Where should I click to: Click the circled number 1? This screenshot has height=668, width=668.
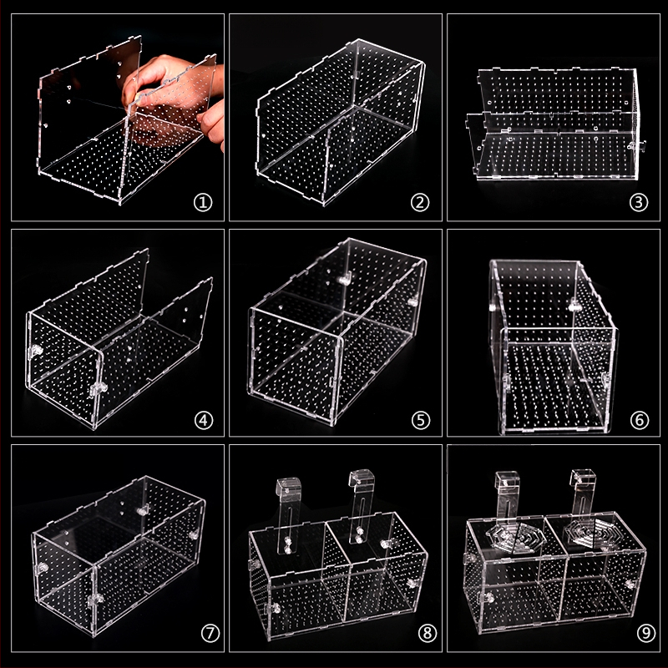pos(203,203)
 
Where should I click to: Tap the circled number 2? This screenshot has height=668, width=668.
pos(420,203)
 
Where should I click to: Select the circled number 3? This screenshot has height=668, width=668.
pos(639,203)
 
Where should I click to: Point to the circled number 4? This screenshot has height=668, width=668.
pos(203,421)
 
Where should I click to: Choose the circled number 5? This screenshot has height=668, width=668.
pos(421,421)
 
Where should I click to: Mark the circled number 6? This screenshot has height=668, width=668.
pos(640,421)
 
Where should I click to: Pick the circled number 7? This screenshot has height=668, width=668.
pos(210,633)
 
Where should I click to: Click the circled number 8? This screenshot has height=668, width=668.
pos(428,633)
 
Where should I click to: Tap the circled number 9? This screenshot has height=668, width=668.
pos(645,633)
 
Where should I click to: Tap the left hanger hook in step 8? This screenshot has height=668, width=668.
pos(288,515)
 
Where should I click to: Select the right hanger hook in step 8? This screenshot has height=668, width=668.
pos(362,506)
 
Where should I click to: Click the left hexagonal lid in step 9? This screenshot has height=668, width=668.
pos(517,538)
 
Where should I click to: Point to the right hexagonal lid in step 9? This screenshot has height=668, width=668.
pos(591,533)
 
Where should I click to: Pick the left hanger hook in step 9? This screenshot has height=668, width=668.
pos(507,496)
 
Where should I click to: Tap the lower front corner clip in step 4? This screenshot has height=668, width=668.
pos(98,389)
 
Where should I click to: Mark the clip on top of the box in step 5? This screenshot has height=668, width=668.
pos(346,279)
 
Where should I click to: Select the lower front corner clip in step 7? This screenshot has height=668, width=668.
pos(95,600)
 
